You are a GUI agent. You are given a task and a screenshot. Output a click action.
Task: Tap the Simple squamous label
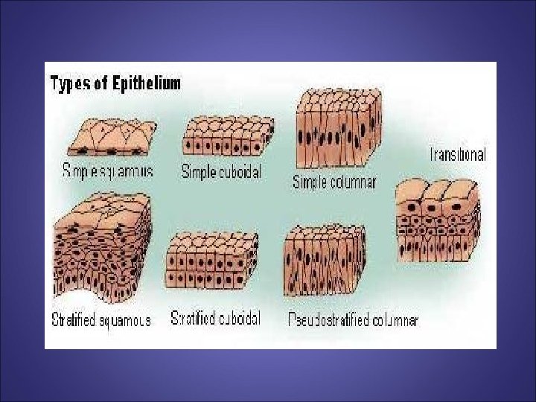107,170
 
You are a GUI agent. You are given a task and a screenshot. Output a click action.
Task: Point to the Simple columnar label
334,182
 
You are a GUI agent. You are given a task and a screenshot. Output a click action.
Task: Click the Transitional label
458,155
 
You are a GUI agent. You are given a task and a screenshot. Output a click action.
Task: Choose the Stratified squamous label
101,320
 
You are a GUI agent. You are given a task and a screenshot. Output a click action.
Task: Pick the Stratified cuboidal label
216,319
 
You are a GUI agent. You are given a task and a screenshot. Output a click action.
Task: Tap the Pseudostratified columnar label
353,320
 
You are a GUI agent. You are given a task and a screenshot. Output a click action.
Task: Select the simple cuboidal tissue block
221,135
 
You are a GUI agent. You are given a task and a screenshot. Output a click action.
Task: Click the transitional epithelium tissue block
438,221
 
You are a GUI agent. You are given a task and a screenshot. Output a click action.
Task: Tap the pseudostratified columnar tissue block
325,264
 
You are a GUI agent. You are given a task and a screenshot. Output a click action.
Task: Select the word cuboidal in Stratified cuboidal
237,319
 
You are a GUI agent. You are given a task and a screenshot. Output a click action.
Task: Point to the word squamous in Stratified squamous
124,321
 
